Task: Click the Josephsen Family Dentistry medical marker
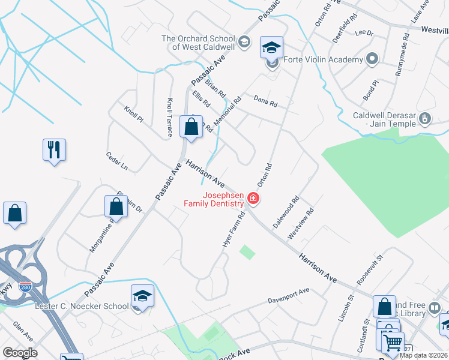click(x=253, y=199)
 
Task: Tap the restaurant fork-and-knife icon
click(x=54, y=149)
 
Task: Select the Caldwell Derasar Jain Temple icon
click(x=425, y=118)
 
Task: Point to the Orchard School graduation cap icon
click(x=244, y=42)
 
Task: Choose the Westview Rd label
click(x=301, y=224)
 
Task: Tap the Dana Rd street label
click(x=265, y=103)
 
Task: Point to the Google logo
click(x=20, y=352)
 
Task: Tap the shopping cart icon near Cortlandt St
click(x=393, y=343)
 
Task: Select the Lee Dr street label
click(x=364, y=32)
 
